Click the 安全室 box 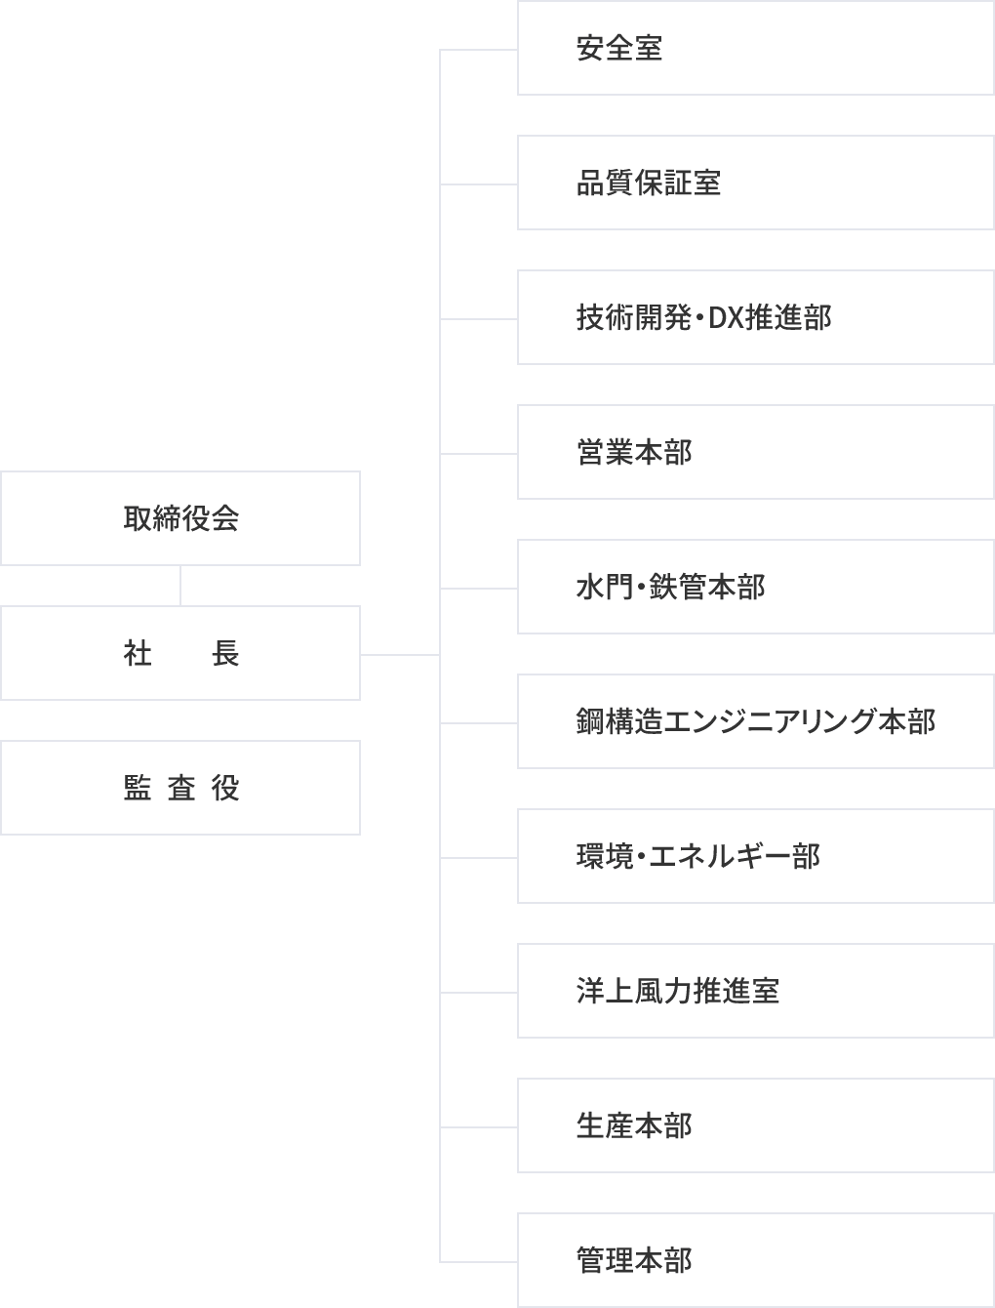coord(755,48)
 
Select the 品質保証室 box coord(755,183)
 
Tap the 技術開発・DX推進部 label coord(703,317)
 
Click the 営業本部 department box coord(755,452)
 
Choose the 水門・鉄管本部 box coord(755,587)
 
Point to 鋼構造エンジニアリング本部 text coord(755,721)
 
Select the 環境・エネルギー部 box coord(755,856)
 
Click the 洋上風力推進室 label coord(677,991)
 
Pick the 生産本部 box coord(755,1125)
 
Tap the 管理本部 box coord(755,1260)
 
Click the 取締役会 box coord(180,518)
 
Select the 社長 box coord(180,653)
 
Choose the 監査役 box coord(180,788)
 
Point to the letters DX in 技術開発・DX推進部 coord(726,318)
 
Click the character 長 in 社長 coord(225,653)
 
